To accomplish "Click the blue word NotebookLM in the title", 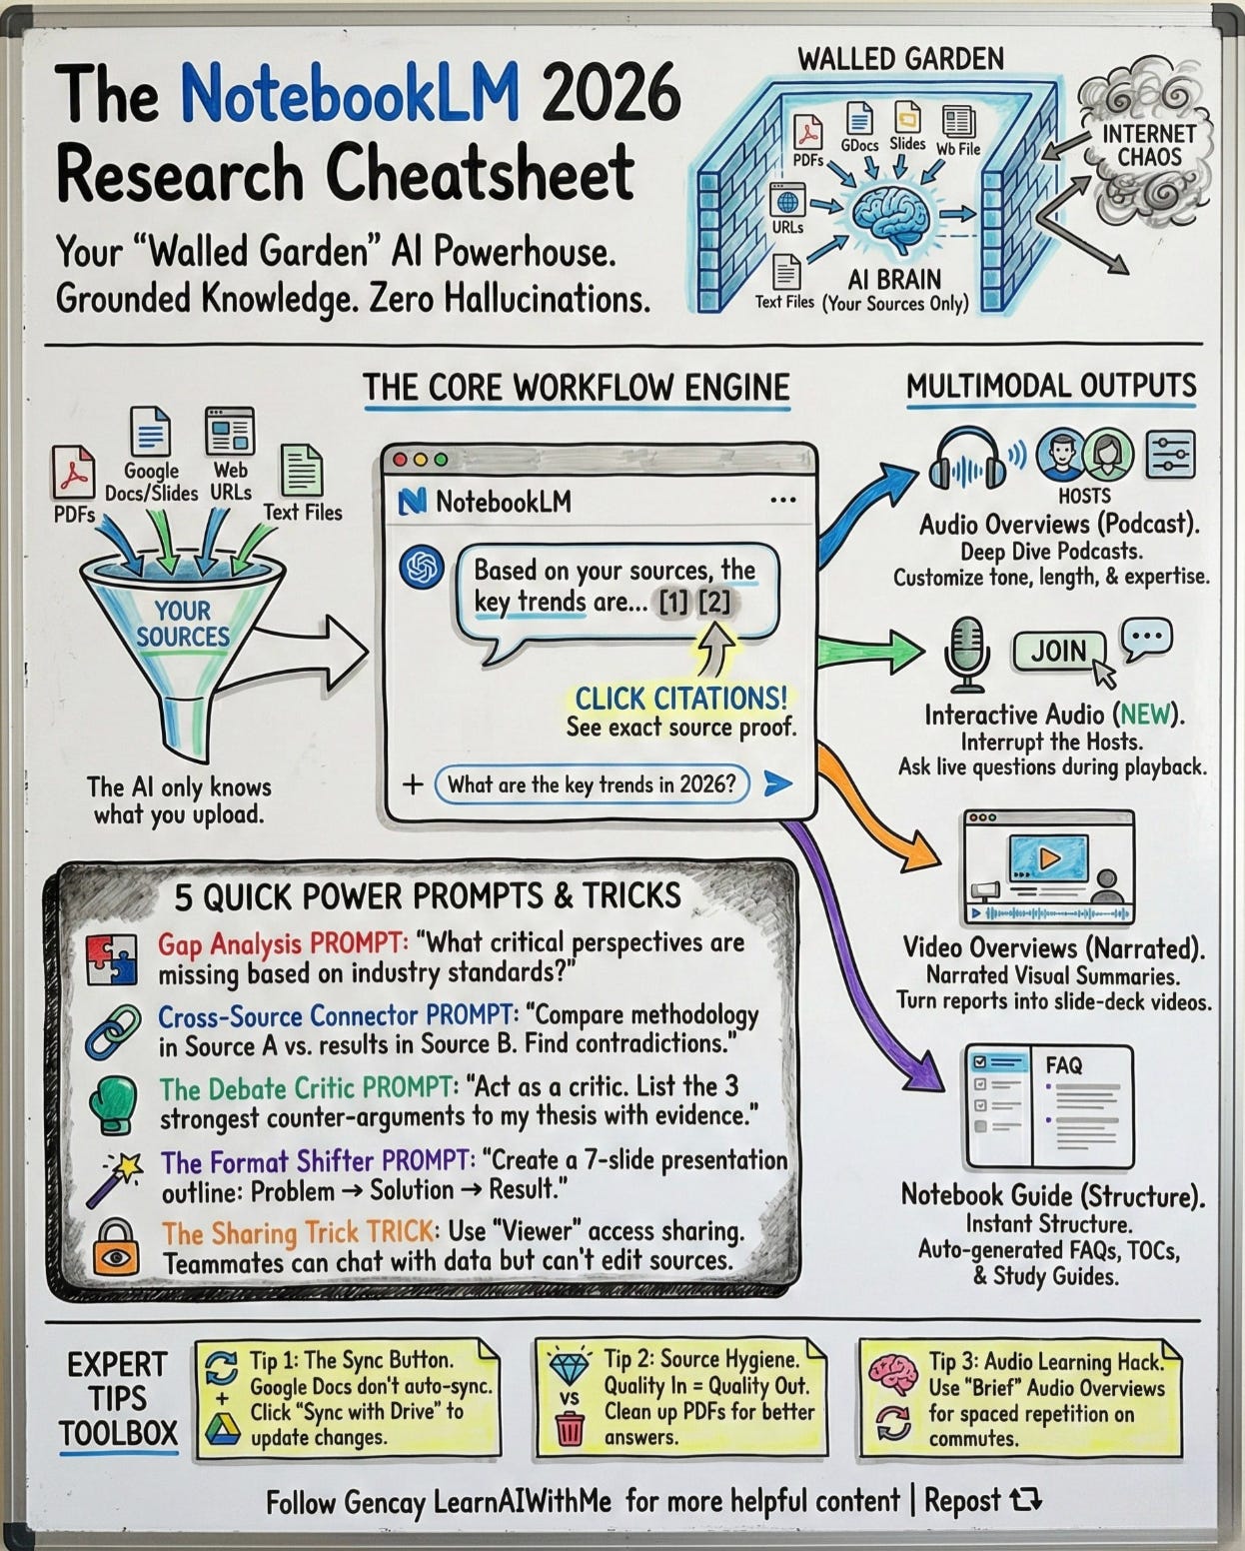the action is pos(351,96).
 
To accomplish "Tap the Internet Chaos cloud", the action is pos(1148,145).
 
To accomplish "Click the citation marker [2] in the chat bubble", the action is pos(714,604).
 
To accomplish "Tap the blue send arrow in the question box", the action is pos(776,783).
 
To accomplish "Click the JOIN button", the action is pos(1058,652).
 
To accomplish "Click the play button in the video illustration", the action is pos(1047,857).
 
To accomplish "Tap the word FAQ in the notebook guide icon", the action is pos(1063,1064).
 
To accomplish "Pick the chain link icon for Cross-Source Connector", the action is pos(111,1031).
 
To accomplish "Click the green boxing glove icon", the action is pos(111,1103).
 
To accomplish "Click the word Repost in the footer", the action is pos(962,1500).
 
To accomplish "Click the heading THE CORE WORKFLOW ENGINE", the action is pos(576,387).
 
